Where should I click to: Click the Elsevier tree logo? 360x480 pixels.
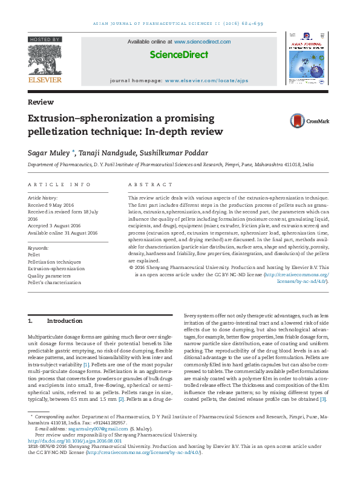(44, 58)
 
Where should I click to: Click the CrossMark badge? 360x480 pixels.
(309, 121)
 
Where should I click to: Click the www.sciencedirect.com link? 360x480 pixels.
(202, 42)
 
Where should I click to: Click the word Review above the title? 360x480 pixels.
(41, 102)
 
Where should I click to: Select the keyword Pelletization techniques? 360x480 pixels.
(54, 261)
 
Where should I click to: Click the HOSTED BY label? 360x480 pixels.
(44, 39)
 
